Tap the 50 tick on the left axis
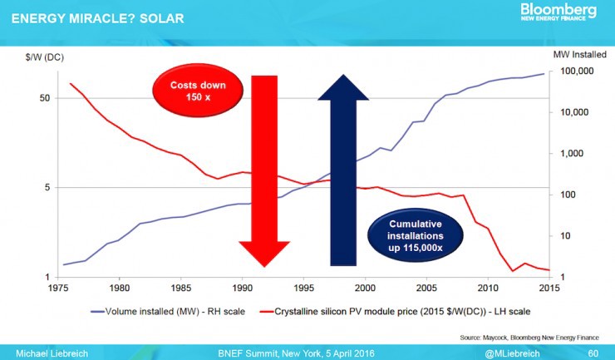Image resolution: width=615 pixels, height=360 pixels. point(45,98)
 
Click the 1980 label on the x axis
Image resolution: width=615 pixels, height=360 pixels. point(120,288)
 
